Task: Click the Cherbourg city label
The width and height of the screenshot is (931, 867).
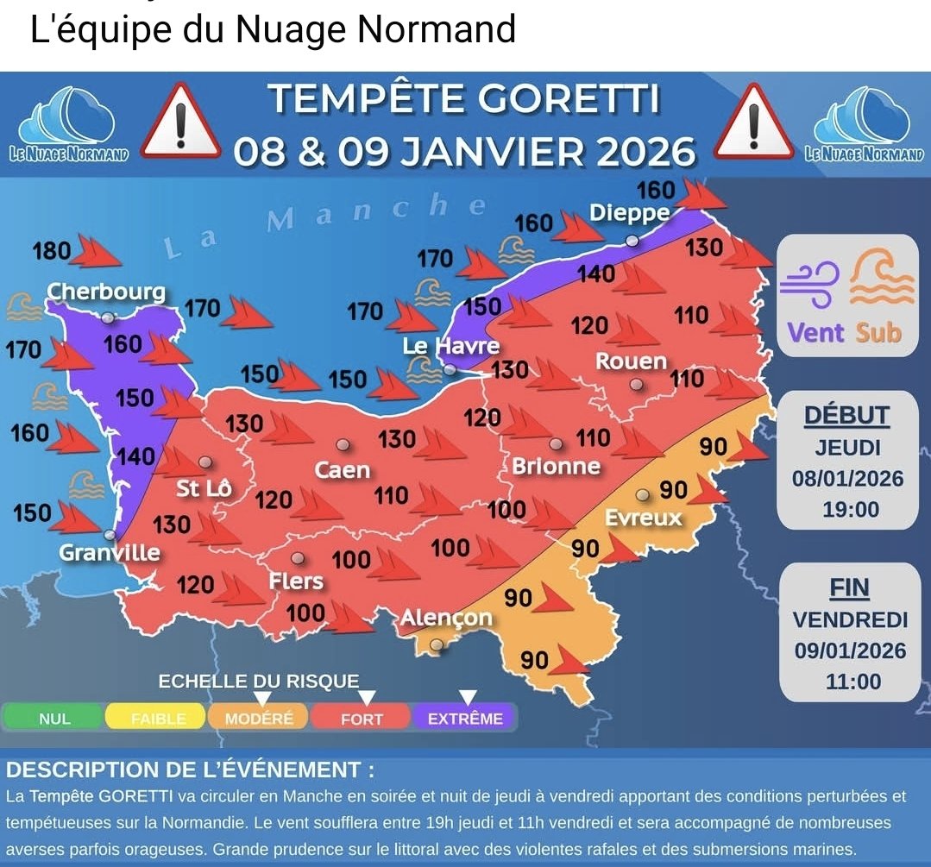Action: pos(106,292)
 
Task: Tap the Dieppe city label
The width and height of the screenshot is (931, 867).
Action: pos(630,212)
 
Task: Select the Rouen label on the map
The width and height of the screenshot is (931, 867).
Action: pos(631,361)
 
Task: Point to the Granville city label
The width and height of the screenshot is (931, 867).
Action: pos(110,552)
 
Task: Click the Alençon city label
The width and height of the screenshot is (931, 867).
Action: pos(446,618)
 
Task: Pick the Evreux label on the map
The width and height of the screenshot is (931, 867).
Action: pos(644,518)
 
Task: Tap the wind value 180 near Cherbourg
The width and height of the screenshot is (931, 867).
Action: pos(52,251)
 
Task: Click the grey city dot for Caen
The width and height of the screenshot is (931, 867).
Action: pos(343,445)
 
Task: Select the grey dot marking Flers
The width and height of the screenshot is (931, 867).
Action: pos(298,558)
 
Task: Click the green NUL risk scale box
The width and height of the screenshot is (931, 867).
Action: pos(54,718)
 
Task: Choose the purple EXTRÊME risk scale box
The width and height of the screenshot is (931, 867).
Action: pos(465,718)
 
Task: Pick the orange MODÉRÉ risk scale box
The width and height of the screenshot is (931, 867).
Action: pos(259,718)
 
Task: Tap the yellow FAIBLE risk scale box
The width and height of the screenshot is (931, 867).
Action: pos(157,718)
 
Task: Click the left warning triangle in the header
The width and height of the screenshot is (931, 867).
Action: pos(180,123)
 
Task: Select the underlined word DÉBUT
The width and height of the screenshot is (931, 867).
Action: pos(846,415)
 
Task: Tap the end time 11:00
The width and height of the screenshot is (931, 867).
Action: pos(852,682)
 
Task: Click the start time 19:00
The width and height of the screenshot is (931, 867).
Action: pos(850,509)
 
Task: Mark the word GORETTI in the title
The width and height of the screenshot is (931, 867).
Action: pos(569,99)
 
